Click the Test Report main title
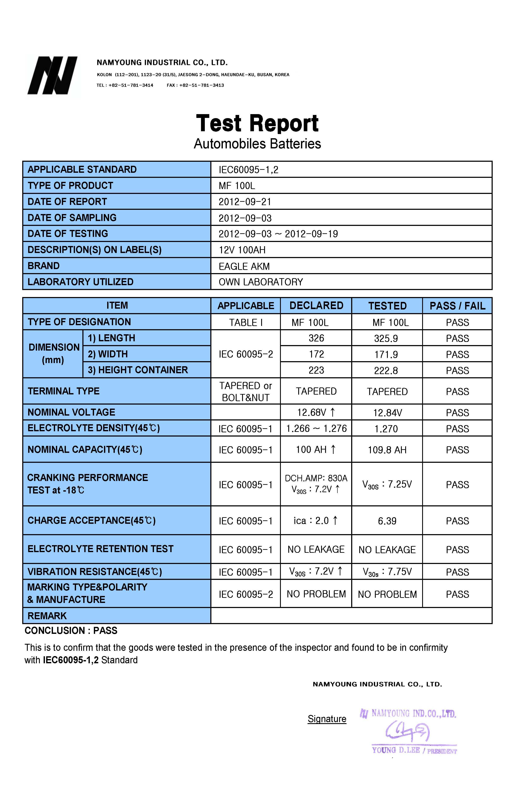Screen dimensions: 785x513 (x=257, y=123)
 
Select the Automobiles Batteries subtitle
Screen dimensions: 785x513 (x=257, y=144)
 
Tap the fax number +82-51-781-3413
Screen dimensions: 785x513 (x=201, y=85)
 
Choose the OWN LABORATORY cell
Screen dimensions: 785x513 (x=261, y=282)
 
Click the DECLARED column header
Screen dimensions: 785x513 (x=316, y=305)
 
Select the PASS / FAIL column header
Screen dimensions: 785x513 (x=457, y=306)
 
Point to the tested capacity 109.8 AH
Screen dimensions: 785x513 (x=387, y=450)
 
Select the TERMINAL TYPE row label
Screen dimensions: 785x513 (x=63, y=391)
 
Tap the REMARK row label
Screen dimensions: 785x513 (x=47, y=616)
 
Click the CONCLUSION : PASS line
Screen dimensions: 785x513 (x=71, y=631)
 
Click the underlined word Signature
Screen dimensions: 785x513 (x=327, y=719)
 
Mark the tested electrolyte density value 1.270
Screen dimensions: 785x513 (x=386, y=429)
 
